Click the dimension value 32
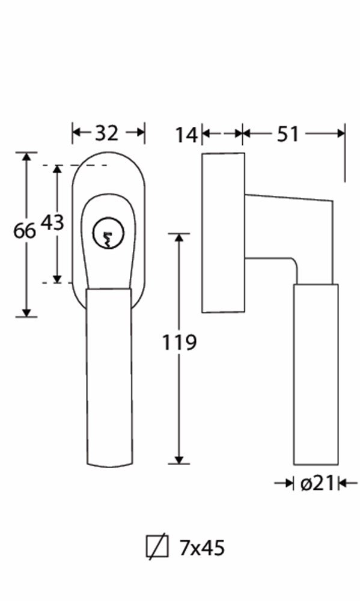[x=108, y=133]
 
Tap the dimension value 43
[x=52, y=223]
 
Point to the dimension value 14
[x=187, y=135]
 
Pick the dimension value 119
[x=179, y=343]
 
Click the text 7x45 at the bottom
[x=202, y=548]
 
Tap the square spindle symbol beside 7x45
[x=154, y=547]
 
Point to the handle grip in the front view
[x=109, y=373]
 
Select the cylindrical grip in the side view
[x=316, y=373]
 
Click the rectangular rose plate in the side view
[x=223, y=233]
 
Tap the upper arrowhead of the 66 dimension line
[x=26, y=157]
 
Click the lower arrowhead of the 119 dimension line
[x=178, y=459]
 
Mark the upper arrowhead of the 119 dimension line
[x=178, y=239]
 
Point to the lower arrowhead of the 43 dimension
[x=57, y=278]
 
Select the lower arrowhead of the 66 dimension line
[x=26, y=311]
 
